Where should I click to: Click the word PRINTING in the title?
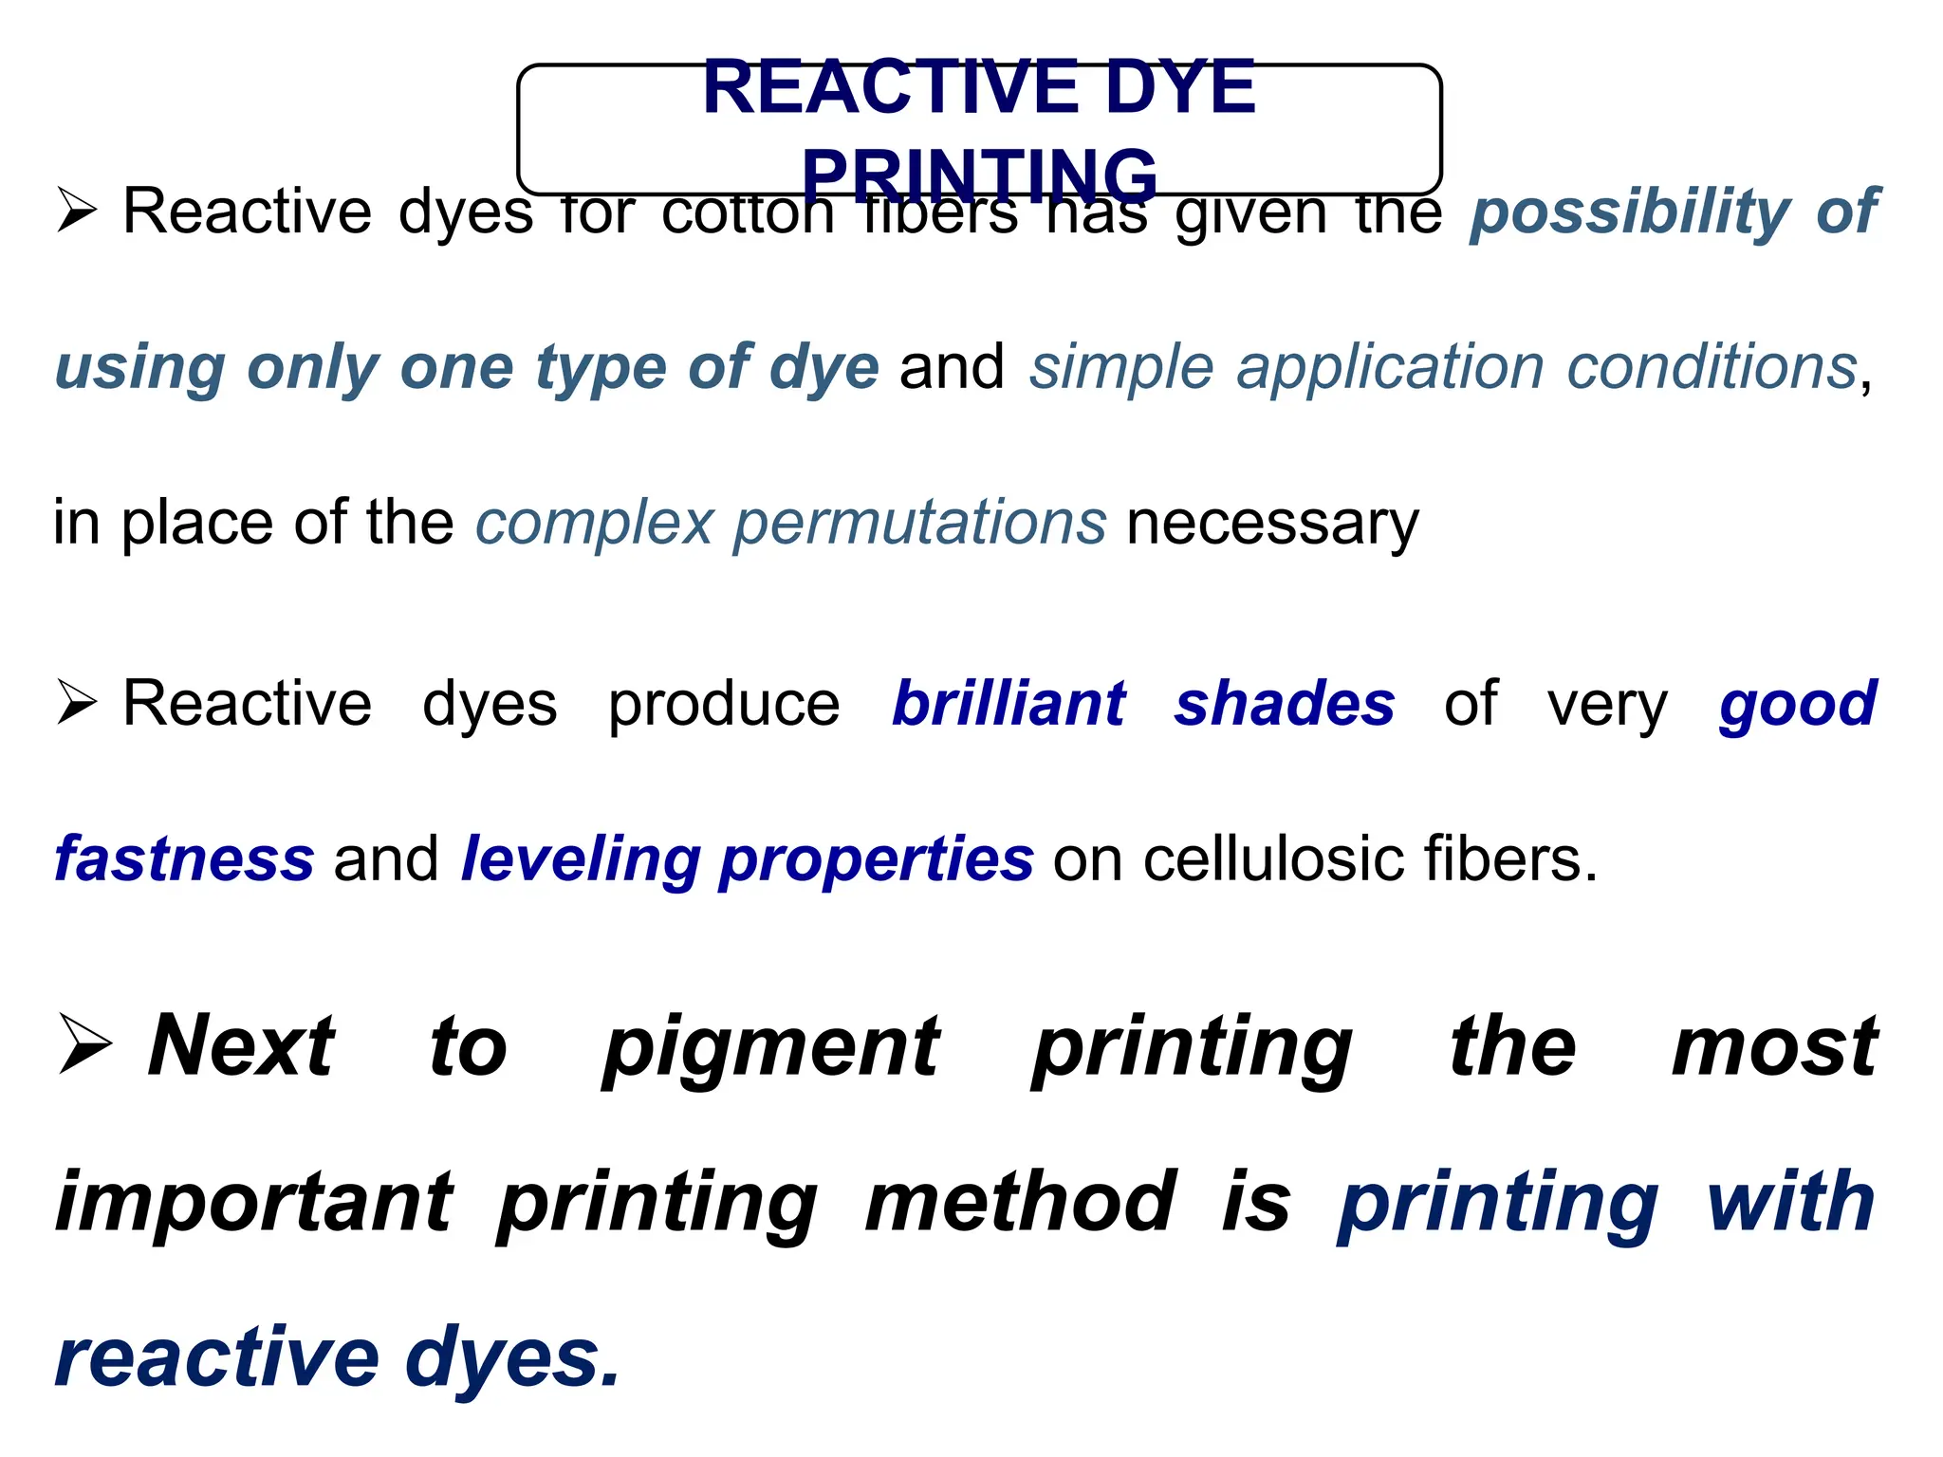click(979, 175)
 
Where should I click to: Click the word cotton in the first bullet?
click(748, 212)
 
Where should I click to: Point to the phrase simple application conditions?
click(1443, 367)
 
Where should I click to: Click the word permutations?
click(919, 523)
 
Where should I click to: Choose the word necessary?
click(1272, 524)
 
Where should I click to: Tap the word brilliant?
click(1009, 704)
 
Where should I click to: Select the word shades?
click(1285, 704)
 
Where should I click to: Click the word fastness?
click(184, 858)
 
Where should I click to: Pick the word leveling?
click(579, 858)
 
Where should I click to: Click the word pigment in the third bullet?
click(771, 1046)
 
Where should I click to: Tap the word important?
click(254, 1202)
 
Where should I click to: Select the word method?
click(1021, 1202)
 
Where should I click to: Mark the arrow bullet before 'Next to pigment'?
click(84, 1044)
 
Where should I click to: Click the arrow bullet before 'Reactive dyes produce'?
click(77, 703)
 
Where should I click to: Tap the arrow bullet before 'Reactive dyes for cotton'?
click(77, 210)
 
